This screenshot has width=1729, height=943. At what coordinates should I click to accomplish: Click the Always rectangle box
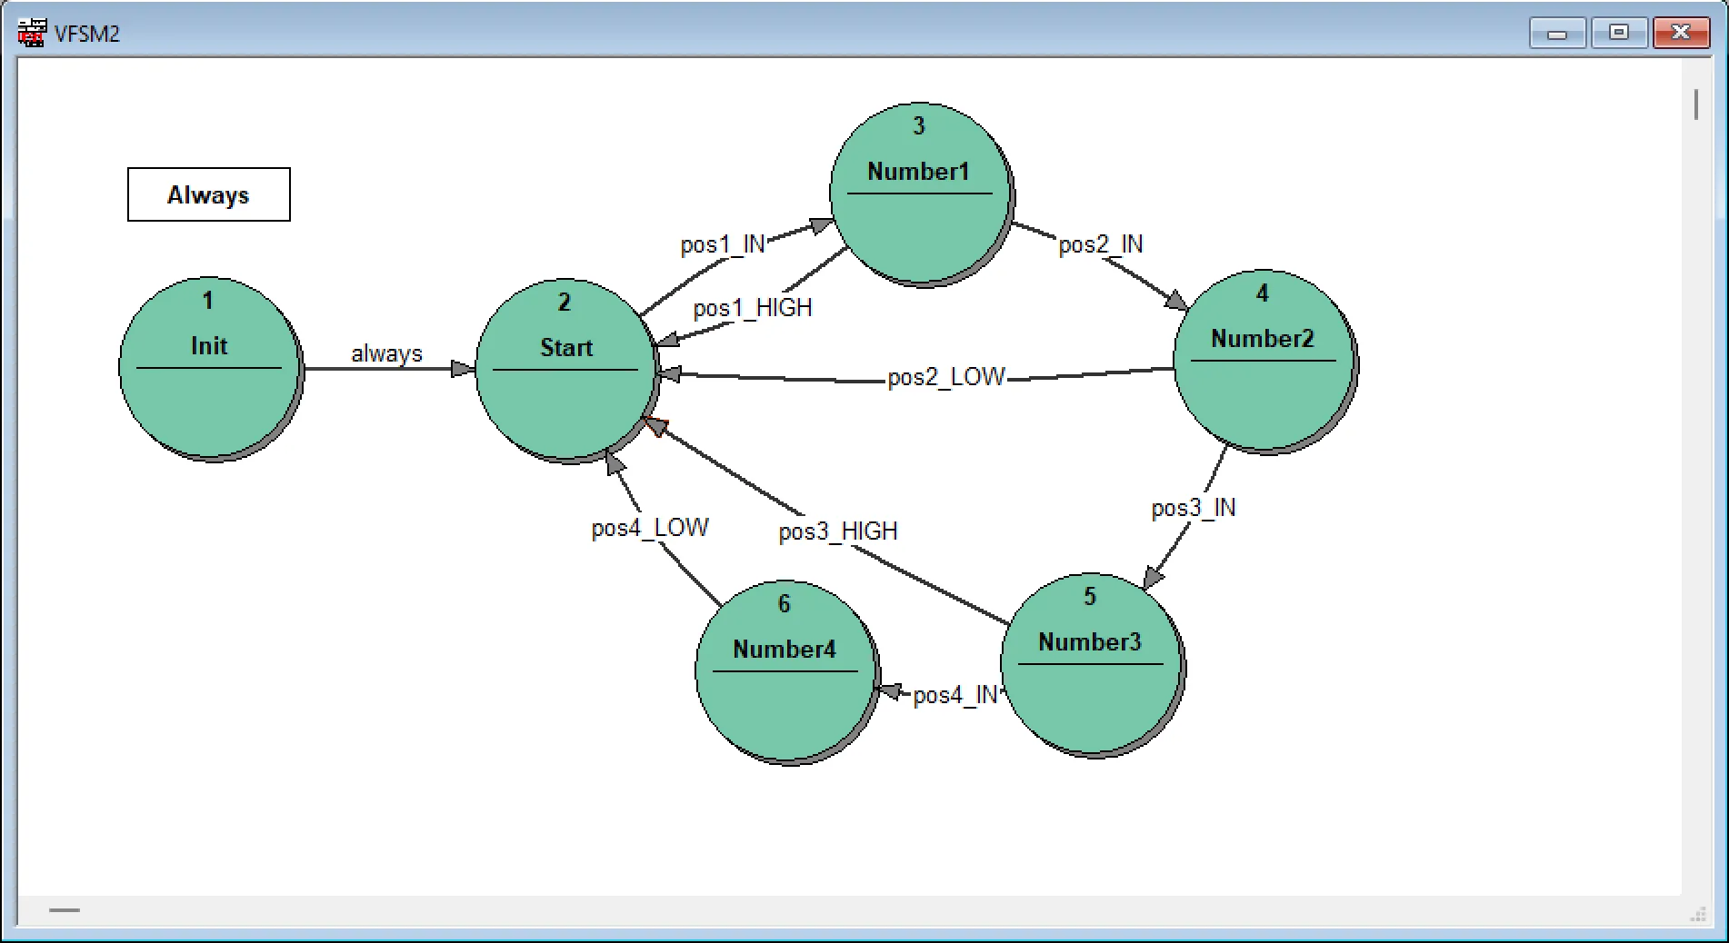point(208,194)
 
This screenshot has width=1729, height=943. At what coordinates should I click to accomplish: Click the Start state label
point(565,348)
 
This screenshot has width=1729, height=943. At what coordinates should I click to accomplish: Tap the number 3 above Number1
point(918,126)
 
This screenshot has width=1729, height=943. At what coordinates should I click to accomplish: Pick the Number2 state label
point(1262,339)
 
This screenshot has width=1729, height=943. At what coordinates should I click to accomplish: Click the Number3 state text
point(1089,642)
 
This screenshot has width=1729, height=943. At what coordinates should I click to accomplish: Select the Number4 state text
point(784,650)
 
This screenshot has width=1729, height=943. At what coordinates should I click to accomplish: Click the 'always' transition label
point(386,353)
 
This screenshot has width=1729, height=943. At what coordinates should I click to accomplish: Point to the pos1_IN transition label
point(723,245)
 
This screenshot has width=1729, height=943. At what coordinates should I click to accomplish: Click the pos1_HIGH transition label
point(752,309)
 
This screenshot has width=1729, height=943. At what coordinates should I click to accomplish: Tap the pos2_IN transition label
point(1100,244)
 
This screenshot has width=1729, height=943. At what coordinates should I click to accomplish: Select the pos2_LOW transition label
point(945,377)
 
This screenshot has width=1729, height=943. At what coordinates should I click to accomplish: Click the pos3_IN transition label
point(1193,508)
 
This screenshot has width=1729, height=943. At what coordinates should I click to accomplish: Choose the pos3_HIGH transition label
point(837,531)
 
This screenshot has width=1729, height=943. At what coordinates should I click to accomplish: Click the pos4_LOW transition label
point(649,528)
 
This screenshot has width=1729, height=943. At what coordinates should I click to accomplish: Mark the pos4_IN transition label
point(954,695)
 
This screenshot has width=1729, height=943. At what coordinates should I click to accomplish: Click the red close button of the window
point(1680,33)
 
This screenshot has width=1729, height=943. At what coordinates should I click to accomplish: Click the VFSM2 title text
point(87,34)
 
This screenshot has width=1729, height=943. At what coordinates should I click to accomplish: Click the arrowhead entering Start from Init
point(463,369)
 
